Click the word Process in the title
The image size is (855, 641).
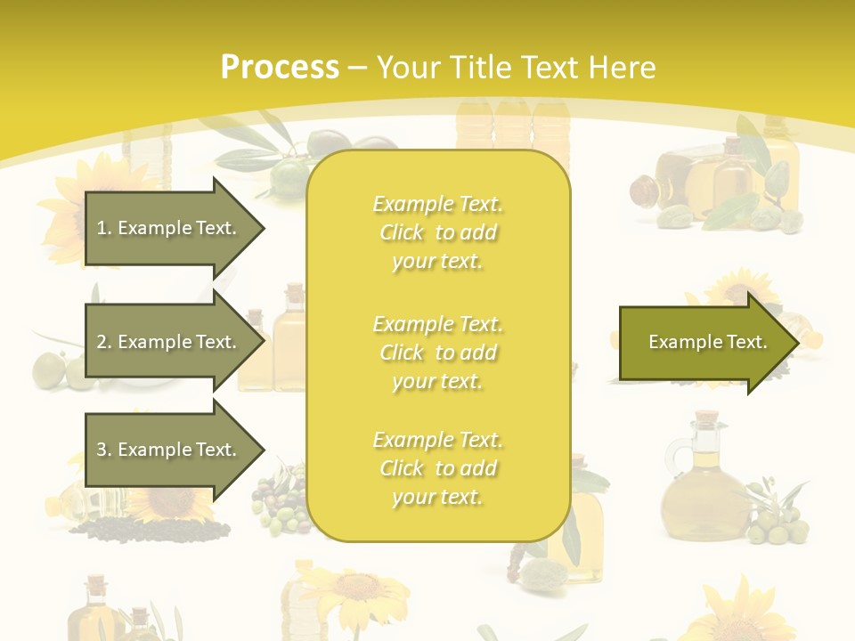(280, 68)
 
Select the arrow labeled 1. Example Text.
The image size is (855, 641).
(169, 228)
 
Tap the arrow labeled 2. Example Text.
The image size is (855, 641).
(169, 342)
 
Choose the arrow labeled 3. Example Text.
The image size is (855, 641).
(169, 450)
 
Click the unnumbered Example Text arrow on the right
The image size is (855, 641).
(704, 342)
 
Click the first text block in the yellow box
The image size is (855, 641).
(437, 232)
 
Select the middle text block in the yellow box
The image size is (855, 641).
(437, 353)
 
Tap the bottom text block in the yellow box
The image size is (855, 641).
(437, 468)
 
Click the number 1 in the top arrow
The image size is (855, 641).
(102, 228)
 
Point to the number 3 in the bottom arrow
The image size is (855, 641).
(102, 450)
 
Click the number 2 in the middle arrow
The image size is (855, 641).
(102, 342)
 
